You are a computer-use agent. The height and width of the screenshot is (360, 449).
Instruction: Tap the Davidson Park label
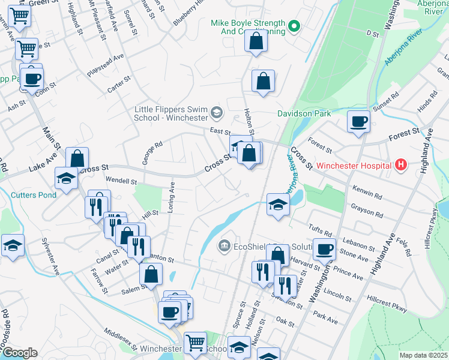[x=304, y=113]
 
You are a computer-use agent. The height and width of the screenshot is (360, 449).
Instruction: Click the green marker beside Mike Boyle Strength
[x=294, y=26]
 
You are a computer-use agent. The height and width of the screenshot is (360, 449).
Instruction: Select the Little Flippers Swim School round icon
[x=216, y=112]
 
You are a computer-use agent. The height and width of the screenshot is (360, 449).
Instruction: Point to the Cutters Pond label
[x=34, y=194]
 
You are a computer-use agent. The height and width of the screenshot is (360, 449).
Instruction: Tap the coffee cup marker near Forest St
[x=358, y=121]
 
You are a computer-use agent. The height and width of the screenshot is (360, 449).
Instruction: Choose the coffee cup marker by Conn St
[x=34, y=77]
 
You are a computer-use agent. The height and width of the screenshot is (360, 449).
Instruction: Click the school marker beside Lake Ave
[x=66, y=177]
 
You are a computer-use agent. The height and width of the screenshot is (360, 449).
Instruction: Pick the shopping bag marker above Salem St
[x=151, y=274]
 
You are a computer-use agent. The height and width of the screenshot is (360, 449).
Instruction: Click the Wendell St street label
[x=121, y=180]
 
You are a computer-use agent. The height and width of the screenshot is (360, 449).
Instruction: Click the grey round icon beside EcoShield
[x=224, y=244]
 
